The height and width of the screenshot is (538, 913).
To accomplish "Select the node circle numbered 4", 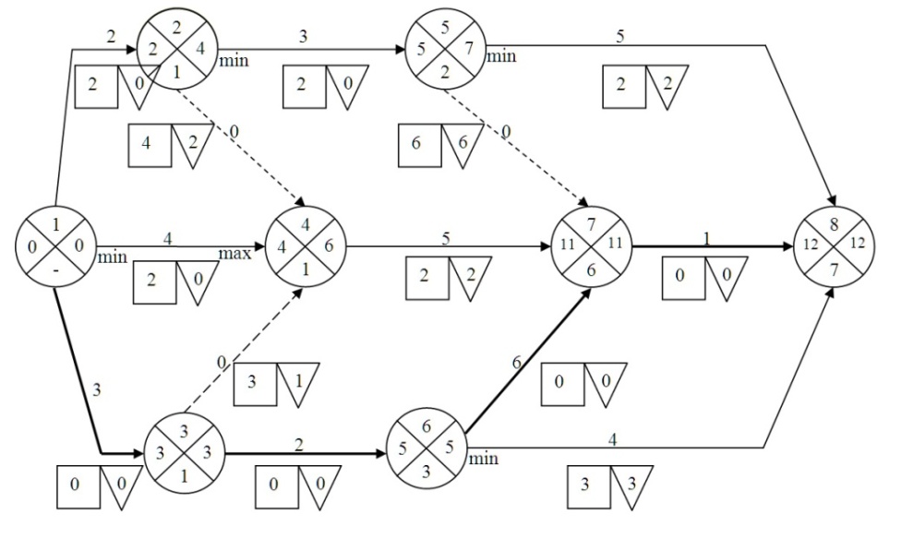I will pos(306,246).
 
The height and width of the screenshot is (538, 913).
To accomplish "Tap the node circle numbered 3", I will pos(183,452).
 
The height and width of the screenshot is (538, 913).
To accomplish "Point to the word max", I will pos(234,254).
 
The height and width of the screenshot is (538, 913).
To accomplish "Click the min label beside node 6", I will pos(483,458).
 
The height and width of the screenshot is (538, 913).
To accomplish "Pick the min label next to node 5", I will pos(501,57).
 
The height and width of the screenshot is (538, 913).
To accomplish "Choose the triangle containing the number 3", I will pos(630,486).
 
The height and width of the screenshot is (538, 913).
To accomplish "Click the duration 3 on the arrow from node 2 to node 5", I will pos(302,37).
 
